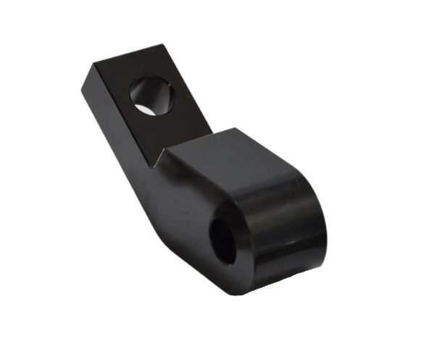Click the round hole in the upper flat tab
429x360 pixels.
click(152, 96)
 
